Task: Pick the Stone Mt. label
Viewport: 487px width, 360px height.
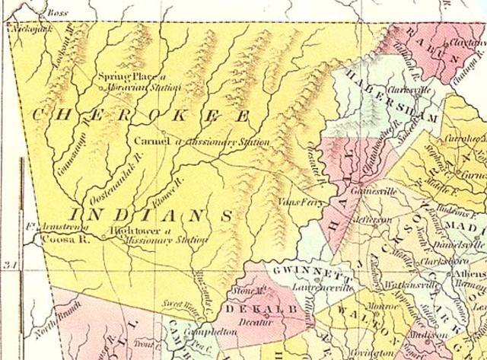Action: pos(234,291)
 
